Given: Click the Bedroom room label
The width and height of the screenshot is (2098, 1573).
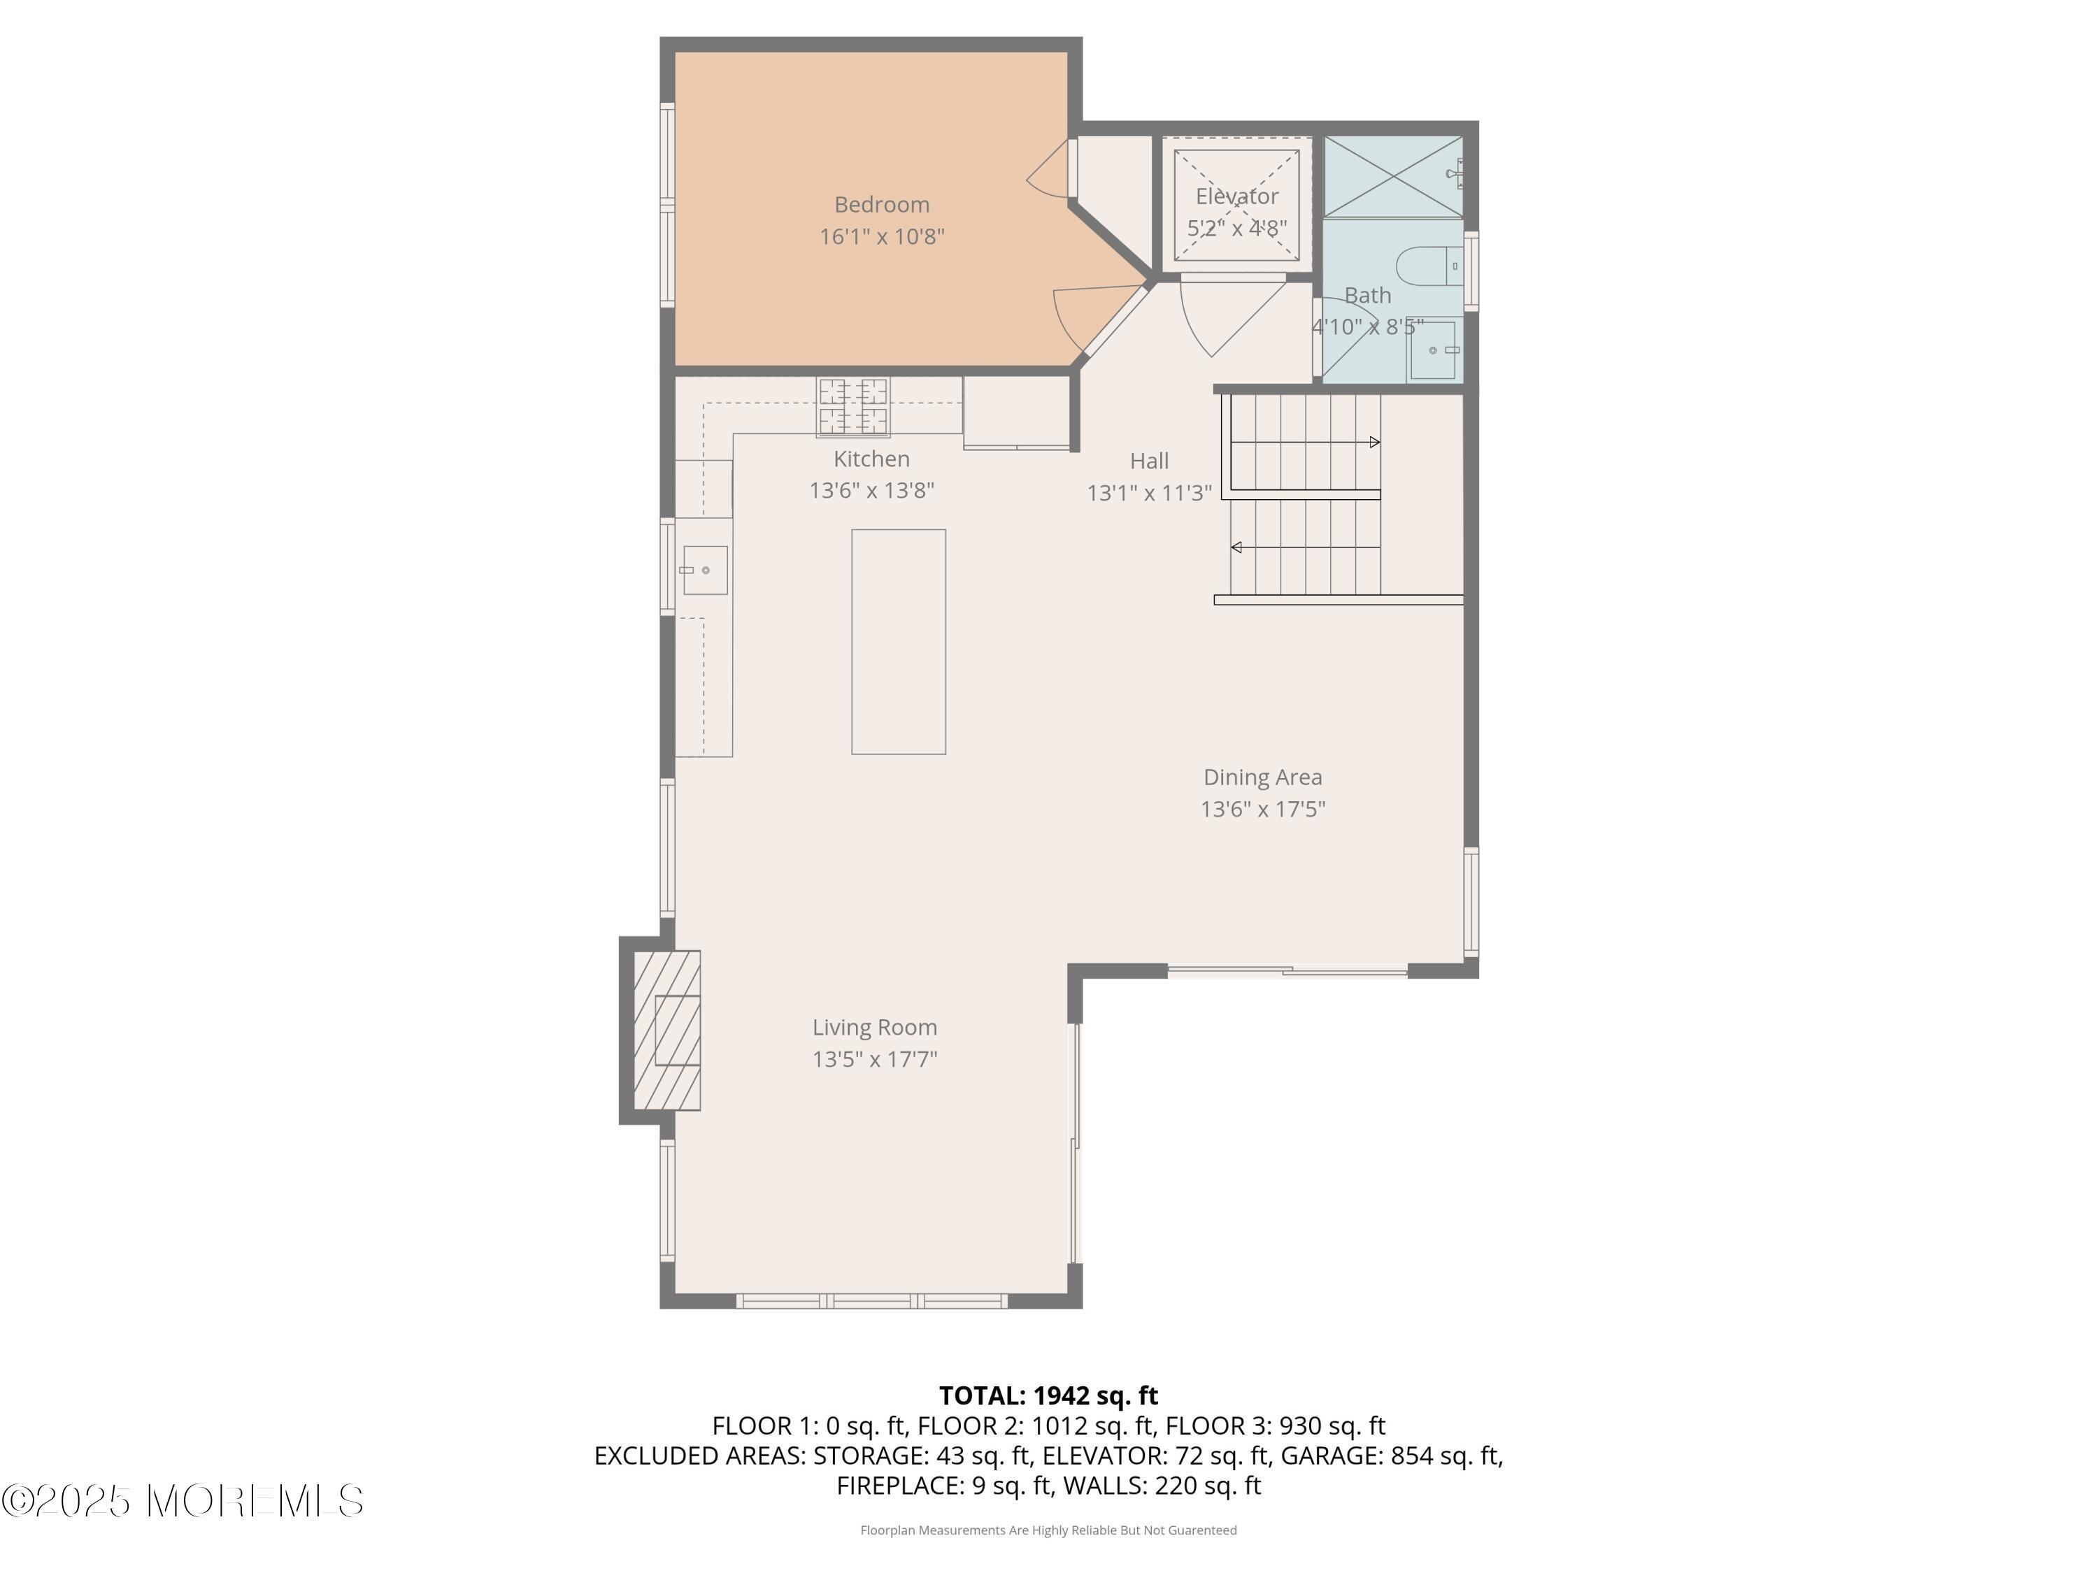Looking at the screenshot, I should tap(881, 204).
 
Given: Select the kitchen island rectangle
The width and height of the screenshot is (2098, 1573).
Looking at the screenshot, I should tap(897, 642).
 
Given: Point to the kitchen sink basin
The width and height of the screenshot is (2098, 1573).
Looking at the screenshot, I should tap(705, 570).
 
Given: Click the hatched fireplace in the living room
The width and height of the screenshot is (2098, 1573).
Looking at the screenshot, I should tap(666, 1030).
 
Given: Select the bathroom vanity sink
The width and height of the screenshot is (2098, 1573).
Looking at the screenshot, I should tap(1433, 350).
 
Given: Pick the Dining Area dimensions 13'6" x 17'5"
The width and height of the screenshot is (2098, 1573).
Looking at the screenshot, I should tap(1262, 809).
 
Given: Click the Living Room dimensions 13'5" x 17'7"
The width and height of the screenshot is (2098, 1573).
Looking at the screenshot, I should tap(874, 1059).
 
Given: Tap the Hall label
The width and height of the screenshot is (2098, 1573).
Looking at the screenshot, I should tap(1148, 461).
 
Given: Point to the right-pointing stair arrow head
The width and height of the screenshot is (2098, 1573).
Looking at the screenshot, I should tap(1374, 442).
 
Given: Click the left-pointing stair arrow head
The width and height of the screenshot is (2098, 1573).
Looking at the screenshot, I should tap(1236, 547).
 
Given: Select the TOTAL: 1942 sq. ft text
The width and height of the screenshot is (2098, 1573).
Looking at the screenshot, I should tap(1048, 1395).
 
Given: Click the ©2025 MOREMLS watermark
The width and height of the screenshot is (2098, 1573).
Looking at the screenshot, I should tap(182, 1500).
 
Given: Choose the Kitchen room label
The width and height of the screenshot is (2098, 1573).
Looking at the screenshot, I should tap(871, 459).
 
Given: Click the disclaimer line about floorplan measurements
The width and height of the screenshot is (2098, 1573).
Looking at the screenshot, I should tap(1048, 1530).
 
